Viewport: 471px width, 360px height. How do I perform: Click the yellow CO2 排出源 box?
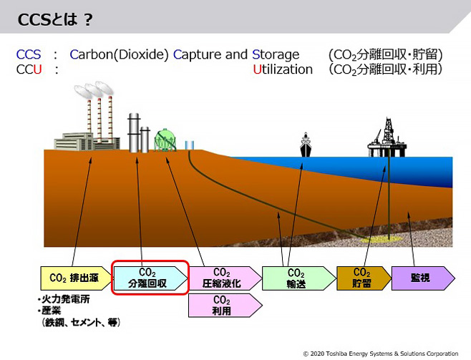pos(76,278)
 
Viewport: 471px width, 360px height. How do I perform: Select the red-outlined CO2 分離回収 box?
pos(150,278)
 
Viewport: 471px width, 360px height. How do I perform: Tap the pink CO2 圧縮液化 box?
pos(225,278)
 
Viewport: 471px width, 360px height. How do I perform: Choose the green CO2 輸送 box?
pos(298,278)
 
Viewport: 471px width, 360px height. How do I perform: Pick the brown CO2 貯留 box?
pos(364,278)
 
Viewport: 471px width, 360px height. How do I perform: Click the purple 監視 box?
pos(423,278)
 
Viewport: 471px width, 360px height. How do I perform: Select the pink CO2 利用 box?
pos(225,306)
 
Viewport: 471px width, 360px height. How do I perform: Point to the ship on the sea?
pos(306,145)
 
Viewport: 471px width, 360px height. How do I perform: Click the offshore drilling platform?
pos(387,137)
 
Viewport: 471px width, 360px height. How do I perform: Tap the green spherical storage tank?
pos(165,140)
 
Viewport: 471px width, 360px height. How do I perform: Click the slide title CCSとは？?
pos(55,20)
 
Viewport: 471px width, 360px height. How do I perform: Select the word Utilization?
pos(283,69)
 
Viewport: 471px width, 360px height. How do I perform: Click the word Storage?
pos(276,54)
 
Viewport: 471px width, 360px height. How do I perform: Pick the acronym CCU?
pos(29,69)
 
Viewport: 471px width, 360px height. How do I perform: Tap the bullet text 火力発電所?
pos(65,299)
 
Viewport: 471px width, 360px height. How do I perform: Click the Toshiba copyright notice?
pos(381,354)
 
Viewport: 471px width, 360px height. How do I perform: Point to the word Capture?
pos(195,54)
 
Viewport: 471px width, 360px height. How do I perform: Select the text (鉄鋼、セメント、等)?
pos(81,323)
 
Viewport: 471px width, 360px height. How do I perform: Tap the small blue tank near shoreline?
pos(189,145)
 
